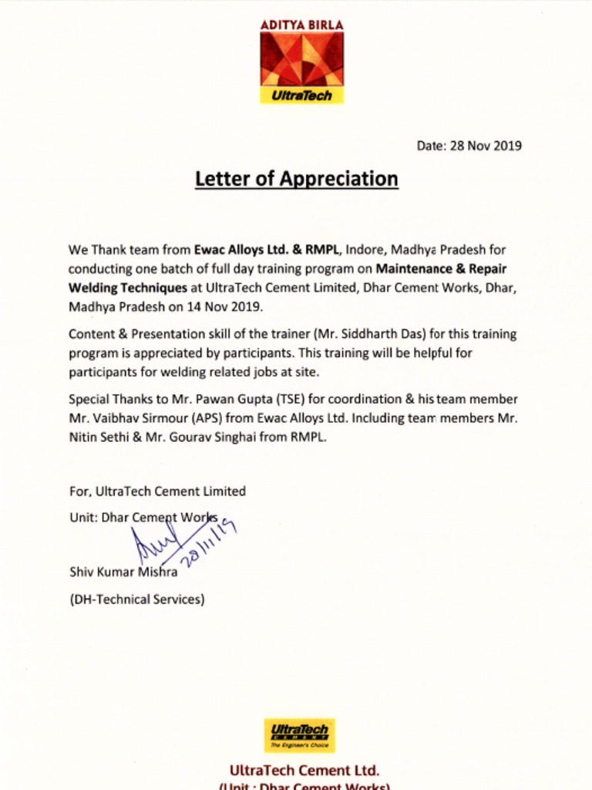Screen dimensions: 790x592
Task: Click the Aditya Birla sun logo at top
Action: tap(301, 59)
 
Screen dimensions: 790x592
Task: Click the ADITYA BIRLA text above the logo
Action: tap(301, 25)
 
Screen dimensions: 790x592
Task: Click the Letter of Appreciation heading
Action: tap(296, 179)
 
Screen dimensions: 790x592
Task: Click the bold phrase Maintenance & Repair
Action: tap(441, 269)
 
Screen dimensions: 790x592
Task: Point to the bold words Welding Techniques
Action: tap(127, 288)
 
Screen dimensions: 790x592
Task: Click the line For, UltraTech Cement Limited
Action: tap(157, 491)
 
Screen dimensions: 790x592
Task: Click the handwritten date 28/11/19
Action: tap(208, 545)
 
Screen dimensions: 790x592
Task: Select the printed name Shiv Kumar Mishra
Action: tap(123, 572)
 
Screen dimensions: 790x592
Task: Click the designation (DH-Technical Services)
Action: tap(136, 599)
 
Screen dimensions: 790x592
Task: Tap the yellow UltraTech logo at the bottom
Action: tap(299, 735)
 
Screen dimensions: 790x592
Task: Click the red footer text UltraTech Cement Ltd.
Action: tap(304, 770)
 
